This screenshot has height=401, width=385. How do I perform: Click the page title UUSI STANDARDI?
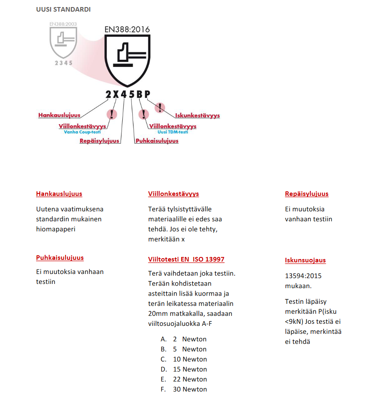coord(63,9)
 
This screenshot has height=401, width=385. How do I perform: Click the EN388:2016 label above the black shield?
coord(127,29)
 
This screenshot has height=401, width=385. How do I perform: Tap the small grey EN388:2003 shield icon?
coord(63,41)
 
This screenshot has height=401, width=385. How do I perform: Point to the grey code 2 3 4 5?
coord(63,63)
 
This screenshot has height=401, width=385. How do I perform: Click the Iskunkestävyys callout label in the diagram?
coord(197,116)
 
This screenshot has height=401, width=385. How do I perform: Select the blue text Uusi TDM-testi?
coord(173,132)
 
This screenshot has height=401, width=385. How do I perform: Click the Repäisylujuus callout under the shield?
coord(99,141)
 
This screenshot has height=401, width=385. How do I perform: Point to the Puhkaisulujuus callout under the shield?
coord(157,141)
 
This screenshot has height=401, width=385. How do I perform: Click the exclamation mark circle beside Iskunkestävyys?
coord(160,108)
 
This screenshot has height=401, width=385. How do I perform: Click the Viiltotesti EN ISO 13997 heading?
coord(186,259)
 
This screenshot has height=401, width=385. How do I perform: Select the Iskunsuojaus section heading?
coord(305,260)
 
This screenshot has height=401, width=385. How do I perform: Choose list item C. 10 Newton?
coord(184,359)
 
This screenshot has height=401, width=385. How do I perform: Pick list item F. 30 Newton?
coord(184,389)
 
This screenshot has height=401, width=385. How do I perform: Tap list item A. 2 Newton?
coord(184,339)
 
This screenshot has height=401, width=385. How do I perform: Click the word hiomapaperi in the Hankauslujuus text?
coord(56,229)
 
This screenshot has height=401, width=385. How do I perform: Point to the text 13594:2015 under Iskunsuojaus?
coord(303,276)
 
